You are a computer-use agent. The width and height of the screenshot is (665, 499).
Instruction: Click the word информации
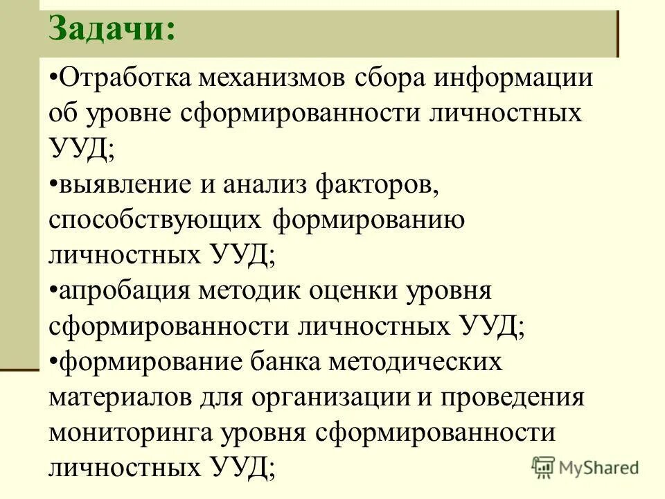click(x=513, y=78)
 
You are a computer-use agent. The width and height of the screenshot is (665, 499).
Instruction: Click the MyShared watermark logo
click(x=586, y=467)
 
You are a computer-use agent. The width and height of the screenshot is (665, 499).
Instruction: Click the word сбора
click(x=391, y=78)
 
